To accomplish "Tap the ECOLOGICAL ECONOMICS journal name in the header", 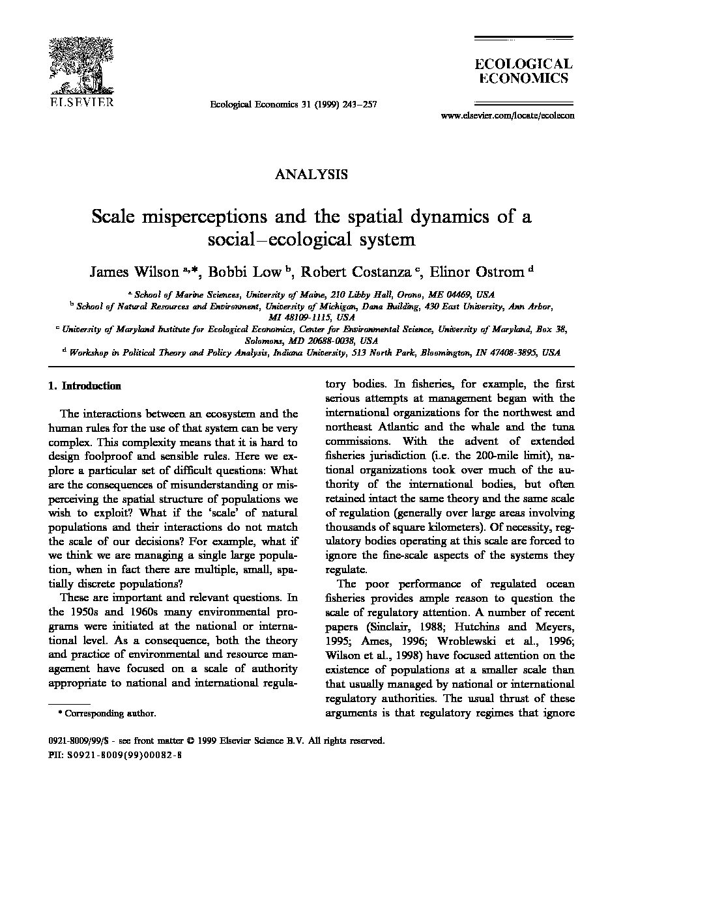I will [523, 71].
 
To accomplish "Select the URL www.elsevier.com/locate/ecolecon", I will [508, 116].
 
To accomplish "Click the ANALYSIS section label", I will [311, 174].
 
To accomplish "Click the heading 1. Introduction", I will [85, 386].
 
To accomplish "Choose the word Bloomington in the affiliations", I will [444, 352].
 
